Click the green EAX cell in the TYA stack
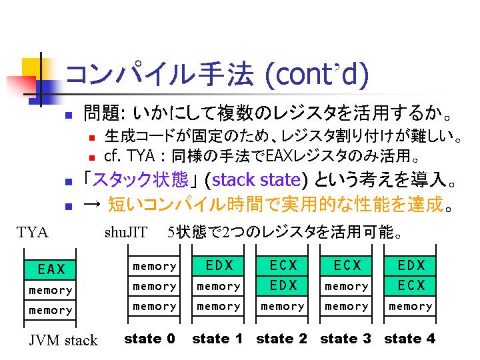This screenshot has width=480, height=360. [50, 269]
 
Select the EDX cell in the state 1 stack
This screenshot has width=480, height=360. [218, 266]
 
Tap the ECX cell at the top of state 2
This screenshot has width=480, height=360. [282, 266]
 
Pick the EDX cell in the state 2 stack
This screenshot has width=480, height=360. [282, 285]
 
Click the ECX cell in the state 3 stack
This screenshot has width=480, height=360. [346, 266]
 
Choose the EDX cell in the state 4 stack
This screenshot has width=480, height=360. [410, 266]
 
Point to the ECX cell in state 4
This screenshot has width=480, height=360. [410, 285]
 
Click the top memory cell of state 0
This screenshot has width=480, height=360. [154, 266]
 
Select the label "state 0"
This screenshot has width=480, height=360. [149, 339]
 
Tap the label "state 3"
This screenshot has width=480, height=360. [345, 339]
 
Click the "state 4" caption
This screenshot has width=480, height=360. [409, 339]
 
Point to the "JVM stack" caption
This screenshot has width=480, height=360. [63, 340]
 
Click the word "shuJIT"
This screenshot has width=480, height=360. [126, 232]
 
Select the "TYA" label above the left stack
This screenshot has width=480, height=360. [33, 232]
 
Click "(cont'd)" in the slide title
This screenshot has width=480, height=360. [317, 75]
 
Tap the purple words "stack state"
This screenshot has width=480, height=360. [256, 180]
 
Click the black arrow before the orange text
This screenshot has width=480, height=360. [92, 204]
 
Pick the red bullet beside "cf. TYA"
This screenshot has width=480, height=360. [92, 158]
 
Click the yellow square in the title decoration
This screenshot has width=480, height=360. [32, 69]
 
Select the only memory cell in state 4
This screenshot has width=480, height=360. [410, 306]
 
